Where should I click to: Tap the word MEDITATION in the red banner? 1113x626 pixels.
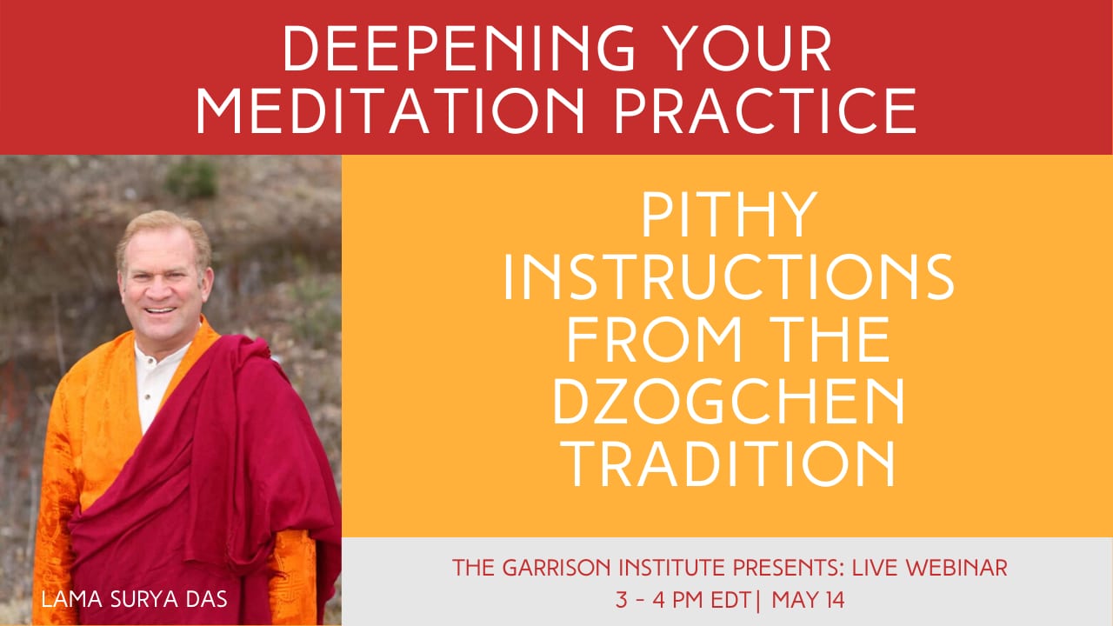[x=391, y=110]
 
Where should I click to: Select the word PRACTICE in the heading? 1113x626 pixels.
[x=766, y=110]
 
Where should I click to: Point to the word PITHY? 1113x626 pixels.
[x=730, y=215]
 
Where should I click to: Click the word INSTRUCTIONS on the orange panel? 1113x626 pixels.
[x=729, y=276]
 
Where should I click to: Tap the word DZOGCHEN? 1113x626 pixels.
[x=729, y=402]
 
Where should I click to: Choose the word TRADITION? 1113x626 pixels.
[x=730, y=463]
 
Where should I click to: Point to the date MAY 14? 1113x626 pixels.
[x=808, y=600]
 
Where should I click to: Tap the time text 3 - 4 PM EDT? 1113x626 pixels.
[x=683, y=600]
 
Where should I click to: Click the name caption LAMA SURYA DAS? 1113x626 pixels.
[x=134, y=599]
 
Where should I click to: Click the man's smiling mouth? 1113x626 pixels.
[x=160, y=310]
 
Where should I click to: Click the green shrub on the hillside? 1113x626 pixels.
[x=192, y=179]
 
